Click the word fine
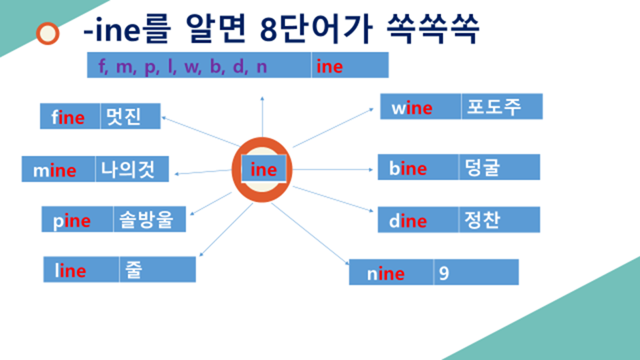pos(68,118)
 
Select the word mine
pos(54,170)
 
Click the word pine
pos(71,221)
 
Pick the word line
pos(70,271)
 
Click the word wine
pos(411,108)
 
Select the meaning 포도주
pos(491,107)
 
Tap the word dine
pos(408,221)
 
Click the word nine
pos(385,274)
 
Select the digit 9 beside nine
pos(444,273)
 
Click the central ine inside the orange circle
pos(263,169)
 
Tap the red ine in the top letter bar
pos(330,67)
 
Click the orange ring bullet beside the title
pos(48,33)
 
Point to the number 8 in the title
pos(268,29)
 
